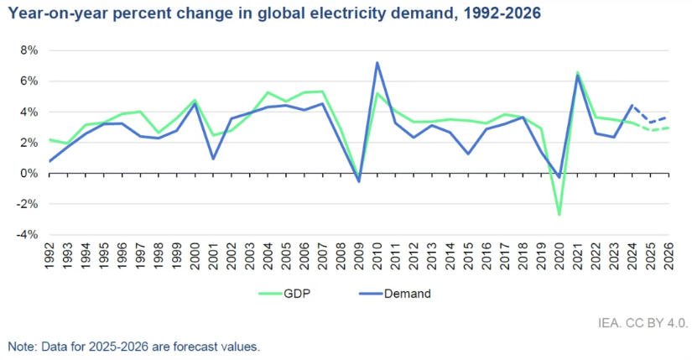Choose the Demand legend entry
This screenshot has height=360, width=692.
coord(405,293)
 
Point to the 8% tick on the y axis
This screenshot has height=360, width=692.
coord(28,50)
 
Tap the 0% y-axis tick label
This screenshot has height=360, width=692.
coord(28,174)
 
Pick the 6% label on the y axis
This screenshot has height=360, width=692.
coord(28,81)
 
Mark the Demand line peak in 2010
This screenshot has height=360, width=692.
coord(377,62)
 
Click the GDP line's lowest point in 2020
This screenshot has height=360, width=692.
coord(559,215)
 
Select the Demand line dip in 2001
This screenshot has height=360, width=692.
coord(213,159)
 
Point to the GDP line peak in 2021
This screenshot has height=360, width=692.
coord(578,72)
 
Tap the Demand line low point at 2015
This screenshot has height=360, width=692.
coord(468,154)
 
